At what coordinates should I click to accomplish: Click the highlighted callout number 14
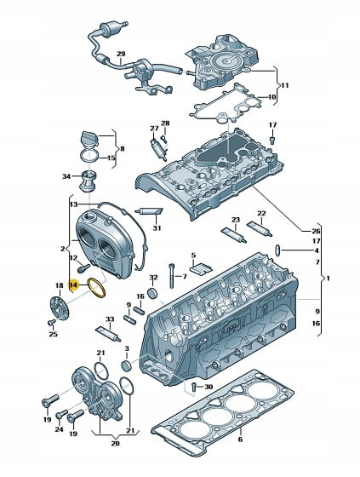point(73,285)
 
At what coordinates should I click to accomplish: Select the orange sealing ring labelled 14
point(96,288)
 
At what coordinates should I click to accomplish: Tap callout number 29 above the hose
point(121,55)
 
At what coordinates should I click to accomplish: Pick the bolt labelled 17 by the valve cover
point(272,141)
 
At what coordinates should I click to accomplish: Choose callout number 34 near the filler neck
point(66,176)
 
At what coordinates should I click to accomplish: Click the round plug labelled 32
point(153,293)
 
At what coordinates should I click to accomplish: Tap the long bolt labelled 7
point(172,276)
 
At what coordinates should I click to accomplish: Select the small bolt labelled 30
point(194,388)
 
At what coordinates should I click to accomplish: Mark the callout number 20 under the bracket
point(115,444)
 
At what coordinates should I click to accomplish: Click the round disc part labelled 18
point(60,308)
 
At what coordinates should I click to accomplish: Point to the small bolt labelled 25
point(52,322)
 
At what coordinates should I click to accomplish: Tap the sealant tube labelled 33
point(108,334)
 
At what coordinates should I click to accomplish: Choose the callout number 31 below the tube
point(157,228)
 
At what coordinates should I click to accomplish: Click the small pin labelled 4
point(278,250)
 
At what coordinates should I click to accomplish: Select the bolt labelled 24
point(61,414)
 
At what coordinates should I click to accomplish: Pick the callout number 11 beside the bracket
point(284,85)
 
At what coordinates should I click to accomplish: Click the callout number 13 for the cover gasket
point(73,204)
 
